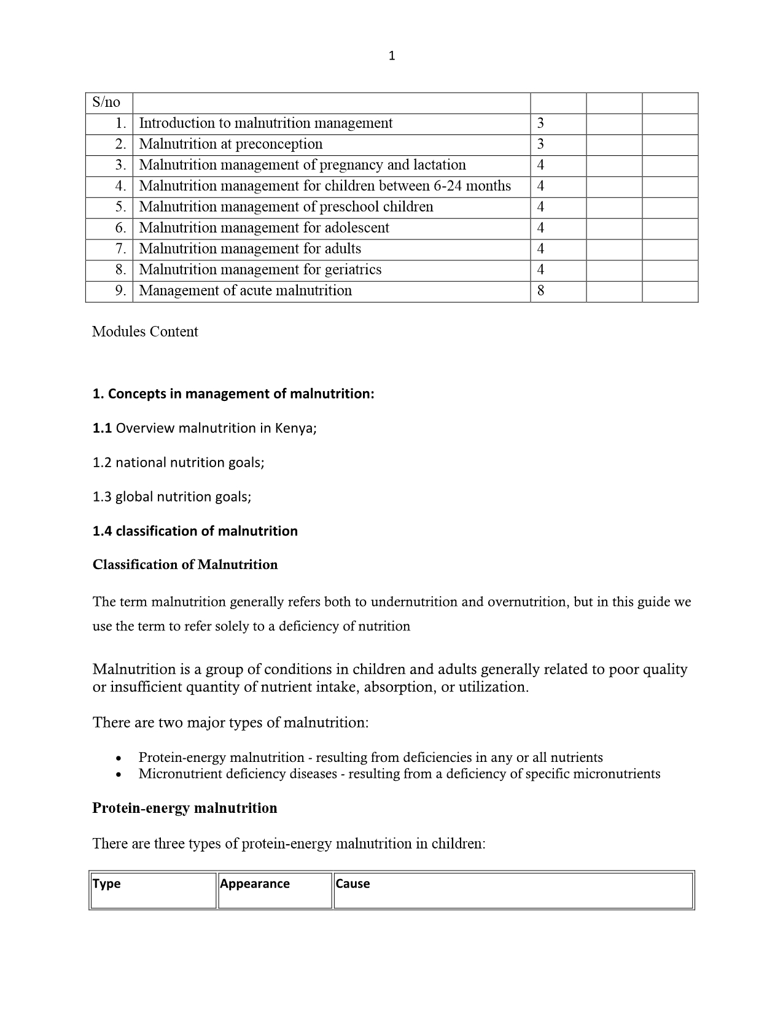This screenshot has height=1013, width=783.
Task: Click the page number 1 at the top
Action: coord(392,56)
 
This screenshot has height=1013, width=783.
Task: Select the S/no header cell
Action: coord(106,103)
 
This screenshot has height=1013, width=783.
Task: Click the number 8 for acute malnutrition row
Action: coord(540,290)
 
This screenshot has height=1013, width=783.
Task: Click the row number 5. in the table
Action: coord(120,207)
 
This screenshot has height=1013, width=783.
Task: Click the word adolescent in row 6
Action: coord(357,228)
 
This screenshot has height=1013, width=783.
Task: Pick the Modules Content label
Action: coord(145,332)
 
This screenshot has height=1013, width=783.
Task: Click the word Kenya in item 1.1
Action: coord(294,428)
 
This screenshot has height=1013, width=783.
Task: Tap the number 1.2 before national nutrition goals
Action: coord(102,462)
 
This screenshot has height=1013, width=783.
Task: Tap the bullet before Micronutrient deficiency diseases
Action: coord(119,774)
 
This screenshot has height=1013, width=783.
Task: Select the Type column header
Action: coord(106,883)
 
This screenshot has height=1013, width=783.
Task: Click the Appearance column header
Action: coord(255,883)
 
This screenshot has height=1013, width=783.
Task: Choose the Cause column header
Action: coord(353,883)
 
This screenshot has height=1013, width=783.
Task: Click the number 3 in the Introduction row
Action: coord(540,123)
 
